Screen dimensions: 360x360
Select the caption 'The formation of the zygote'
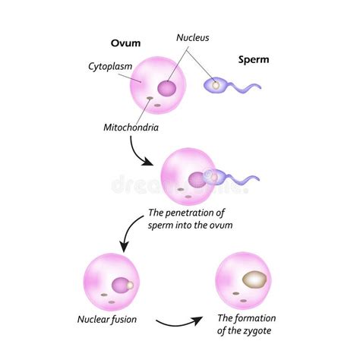pos(247,324)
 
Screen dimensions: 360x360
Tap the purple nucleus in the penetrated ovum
pos(197,180)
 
